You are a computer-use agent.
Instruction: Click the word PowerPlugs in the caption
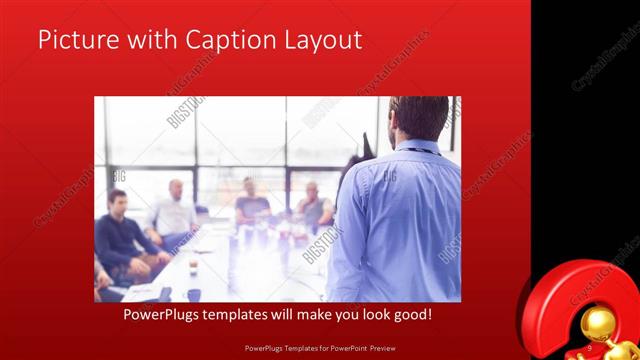[166, 315]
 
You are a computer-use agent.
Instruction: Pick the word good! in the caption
[412, 315]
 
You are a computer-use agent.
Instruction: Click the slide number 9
[590, 347]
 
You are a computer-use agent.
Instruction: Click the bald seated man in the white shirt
[176, 210]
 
